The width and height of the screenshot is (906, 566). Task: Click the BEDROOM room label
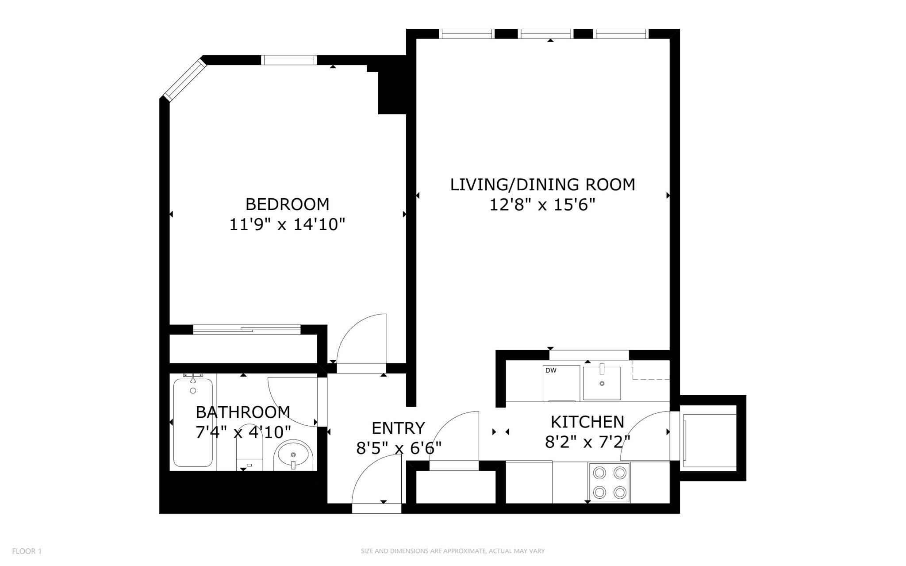(x=287, y=204)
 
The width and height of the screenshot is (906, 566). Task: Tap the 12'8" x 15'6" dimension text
(x=542, y=205)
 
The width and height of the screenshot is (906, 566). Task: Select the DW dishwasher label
(x=551, y=370)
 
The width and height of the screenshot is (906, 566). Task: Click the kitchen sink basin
(x=602, y=383)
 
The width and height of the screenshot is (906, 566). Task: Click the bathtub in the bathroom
(x=193, y=423)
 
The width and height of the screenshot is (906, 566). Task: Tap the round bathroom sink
(x=293, y=456)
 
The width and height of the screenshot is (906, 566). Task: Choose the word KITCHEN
(x=587, y=422)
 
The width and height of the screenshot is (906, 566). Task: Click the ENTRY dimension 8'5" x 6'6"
(x=399, y=449)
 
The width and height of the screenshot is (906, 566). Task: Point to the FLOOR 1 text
(x=27, y=551)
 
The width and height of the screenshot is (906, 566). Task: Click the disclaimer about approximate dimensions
(x=453, y=551)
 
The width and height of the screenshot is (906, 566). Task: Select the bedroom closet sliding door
(x=247, y=329)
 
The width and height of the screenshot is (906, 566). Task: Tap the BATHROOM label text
(x=243, y=412)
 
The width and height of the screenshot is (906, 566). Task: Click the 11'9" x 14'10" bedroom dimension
(x=287, y=225)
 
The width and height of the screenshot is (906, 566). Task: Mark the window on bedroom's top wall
(x=289, y=60)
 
